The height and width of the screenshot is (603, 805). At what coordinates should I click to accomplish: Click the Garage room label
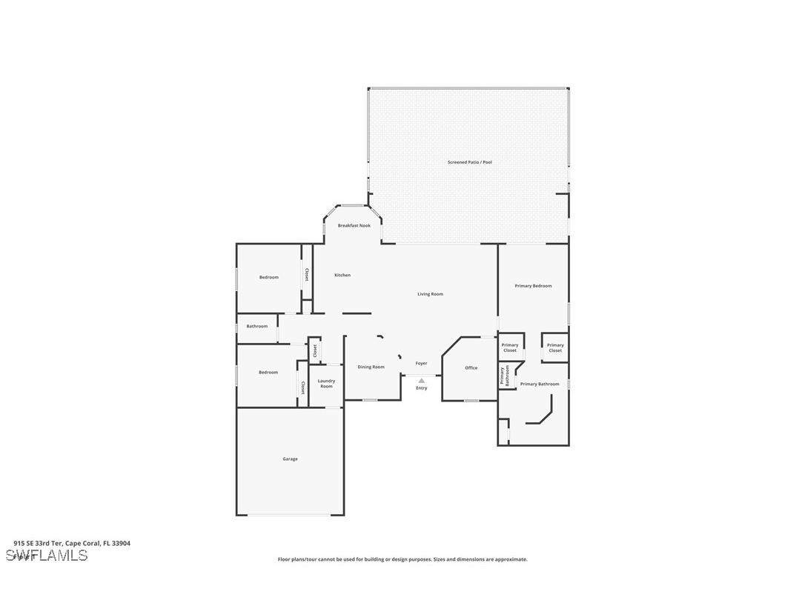(x=290, y=459)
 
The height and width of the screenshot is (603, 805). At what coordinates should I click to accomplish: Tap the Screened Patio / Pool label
(x=469, y=161)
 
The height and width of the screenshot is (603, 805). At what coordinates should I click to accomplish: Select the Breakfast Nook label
(x=354, y=225)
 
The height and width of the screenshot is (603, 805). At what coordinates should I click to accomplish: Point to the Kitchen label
(x=342, y=275)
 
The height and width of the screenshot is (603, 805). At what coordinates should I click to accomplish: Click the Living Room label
(x=430, y=294)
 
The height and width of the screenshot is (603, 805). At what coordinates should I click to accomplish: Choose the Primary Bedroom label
(x=533, y=285)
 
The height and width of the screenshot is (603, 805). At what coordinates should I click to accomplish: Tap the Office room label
(x=471, y=367)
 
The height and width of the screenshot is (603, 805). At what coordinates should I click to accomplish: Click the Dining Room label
(x=371, y=367)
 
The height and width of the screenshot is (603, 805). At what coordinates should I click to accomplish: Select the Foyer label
(x=421, y=363)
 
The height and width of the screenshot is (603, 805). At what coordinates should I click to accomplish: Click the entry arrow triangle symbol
(x=421, y=381)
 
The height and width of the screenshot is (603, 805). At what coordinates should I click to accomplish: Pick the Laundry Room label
(x=326, y=383)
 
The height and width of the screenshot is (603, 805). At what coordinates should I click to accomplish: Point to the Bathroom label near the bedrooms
(x=257, y=326)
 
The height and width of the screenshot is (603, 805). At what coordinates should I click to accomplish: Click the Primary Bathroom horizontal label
(x=540, y=384)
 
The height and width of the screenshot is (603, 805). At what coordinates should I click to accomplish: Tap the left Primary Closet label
(x=510, y=347)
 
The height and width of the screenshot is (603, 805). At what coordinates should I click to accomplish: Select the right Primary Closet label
(x=555, y=347)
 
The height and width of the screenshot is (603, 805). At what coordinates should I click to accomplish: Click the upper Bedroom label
(x=269, y=277)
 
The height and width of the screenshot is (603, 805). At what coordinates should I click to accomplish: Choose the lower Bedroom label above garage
(x=268, y=372)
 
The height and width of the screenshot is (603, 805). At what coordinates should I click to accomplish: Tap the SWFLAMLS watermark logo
(x=47, y=556)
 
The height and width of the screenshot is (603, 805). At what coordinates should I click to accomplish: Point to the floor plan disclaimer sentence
(x=402, y=559)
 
